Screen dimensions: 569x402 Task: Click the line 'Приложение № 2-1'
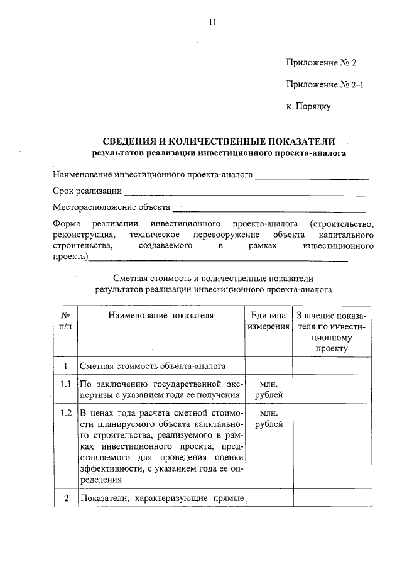(324, 84)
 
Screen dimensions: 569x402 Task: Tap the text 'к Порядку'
(308, 106)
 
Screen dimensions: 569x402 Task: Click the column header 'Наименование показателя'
(160, 315)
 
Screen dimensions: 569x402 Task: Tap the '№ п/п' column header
(65, 321)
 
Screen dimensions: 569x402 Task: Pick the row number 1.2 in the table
(65, 413)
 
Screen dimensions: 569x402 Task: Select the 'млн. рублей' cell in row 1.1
(268, 389)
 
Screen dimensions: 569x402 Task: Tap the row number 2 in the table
(65, 499)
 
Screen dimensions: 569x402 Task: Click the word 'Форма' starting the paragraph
(65, 224)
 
